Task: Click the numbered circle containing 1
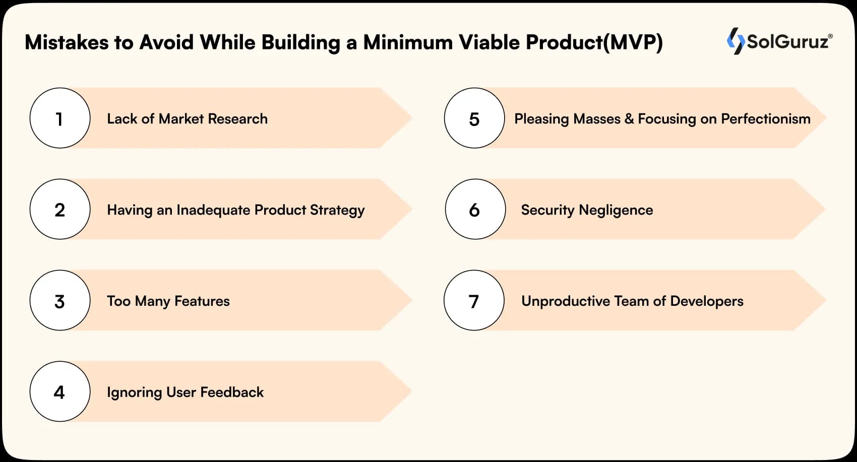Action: [x=59, y=118]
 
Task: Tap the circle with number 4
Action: [x=59, y=391]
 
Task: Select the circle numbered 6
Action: [x=475, y=210]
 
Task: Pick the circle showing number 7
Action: [x=474, y=301]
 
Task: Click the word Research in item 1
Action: [x=237, y=119]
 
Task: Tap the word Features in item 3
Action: [x=202, y=301]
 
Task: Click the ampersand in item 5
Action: [x=629, y=119]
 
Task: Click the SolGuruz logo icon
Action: [x=735, y=41]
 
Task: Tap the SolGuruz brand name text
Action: [x=787, y=41]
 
